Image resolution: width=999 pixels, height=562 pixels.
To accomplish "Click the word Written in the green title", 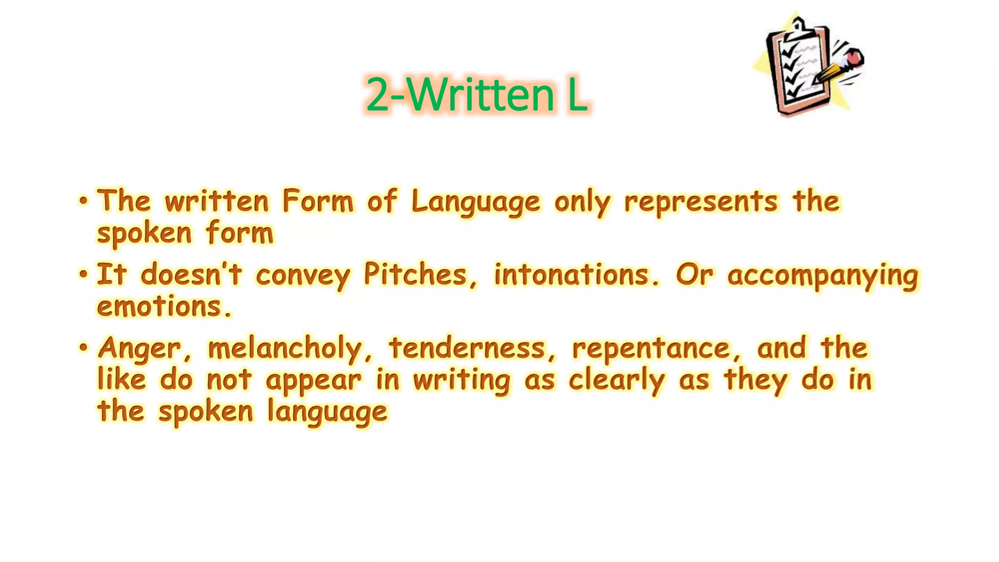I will [x=480, y=95].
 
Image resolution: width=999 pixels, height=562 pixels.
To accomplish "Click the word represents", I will [x=700, y=201].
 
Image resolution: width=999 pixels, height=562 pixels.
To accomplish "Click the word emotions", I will [x=164, y=307].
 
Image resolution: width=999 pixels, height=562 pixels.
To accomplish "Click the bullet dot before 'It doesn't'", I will [x=83, y=275].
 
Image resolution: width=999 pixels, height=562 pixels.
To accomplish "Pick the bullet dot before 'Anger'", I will [x=83, y=348].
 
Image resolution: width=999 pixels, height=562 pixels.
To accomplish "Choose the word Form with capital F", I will [x=318, y=201].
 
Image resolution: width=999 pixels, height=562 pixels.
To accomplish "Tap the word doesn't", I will [x=191, y=275].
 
